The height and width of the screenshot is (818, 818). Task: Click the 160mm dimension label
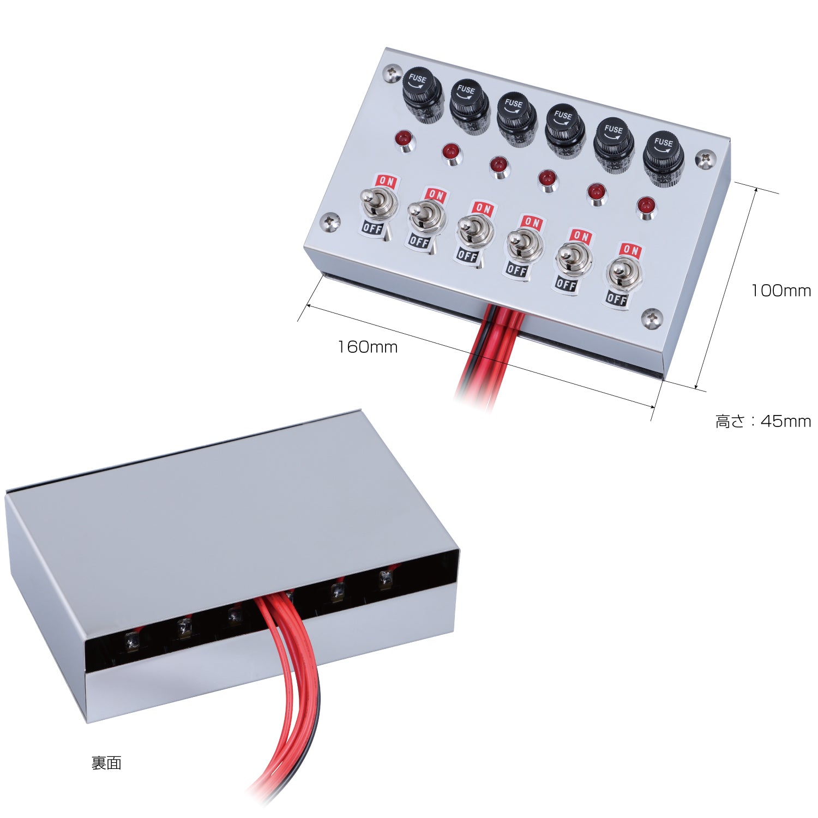click(368, 347)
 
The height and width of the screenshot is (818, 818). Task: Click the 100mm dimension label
click(781, 291)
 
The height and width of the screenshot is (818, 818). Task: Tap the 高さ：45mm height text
click(763, 421)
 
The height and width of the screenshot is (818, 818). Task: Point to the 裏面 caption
click(106, 763)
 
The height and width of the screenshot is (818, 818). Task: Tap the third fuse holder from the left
click(516, 118)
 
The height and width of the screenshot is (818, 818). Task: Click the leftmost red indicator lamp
click(404, 140)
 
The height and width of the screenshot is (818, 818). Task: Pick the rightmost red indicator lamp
click(646, 207)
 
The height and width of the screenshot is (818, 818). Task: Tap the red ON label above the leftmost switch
click(386, 181)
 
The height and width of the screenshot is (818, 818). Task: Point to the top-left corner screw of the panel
click(391, 74)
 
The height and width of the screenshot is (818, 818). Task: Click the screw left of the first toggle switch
click(329, 221)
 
